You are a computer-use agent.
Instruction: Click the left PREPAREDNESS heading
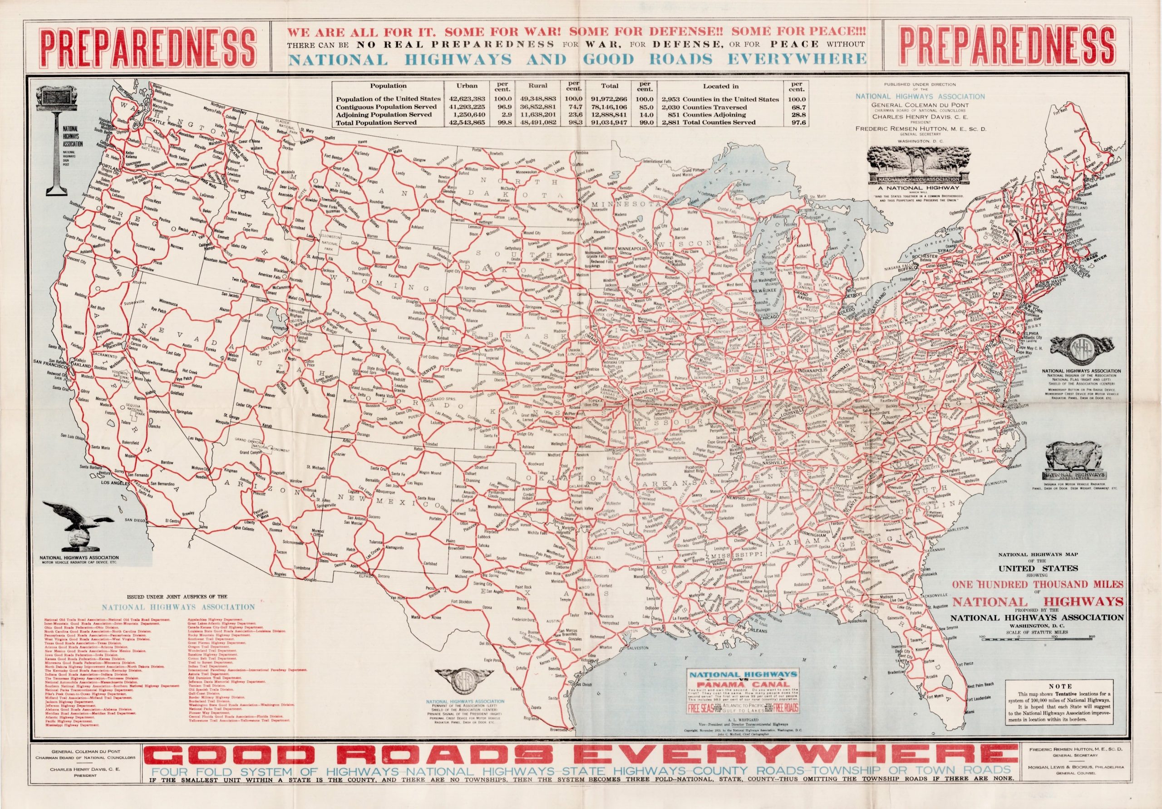[x=148, y=47]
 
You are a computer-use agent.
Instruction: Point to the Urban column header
[x=466, y=86]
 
